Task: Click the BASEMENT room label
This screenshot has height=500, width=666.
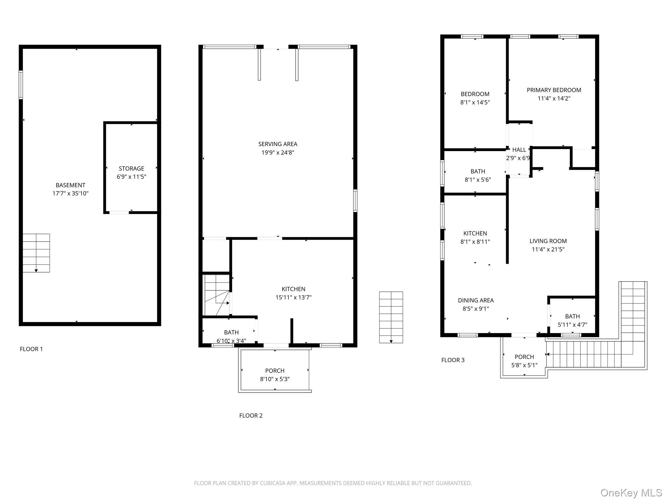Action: click(70, 185)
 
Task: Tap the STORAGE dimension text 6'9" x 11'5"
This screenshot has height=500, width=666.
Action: click(131, 177)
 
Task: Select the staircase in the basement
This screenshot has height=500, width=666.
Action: click(36, 253)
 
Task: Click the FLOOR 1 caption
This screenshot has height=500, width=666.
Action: click(31, 349)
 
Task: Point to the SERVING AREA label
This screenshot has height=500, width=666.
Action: click(278, 144)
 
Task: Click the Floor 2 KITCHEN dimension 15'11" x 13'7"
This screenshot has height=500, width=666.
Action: click(293, 297)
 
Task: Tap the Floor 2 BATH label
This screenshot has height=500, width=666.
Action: click(231, 332)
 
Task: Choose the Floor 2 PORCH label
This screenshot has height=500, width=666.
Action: click(275, 371)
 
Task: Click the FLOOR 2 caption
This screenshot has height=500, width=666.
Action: click(251, 415)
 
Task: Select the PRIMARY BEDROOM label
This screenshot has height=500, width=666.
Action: click(554, 90)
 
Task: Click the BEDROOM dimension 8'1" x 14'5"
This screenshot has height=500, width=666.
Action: click(475, 102)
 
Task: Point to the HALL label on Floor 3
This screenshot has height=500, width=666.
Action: click(519, 150)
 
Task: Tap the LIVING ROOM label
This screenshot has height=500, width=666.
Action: click(548, 241)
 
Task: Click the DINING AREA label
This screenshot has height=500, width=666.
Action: click(476, 300)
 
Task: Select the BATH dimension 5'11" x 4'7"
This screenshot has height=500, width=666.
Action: click(572, 325)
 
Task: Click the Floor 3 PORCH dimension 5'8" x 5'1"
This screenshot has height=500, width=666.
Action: click(524, 365)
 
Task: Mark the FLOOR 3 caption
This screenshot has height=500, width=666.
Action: click(453, 360)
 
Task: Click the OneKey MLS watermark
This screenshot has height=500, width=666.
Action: click(631, 493)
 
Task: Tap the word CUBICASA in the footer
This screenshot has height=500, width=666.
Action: click(273, 483)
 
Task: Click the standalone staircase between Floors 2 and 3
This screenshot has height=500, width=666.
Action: click(391, 317)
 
